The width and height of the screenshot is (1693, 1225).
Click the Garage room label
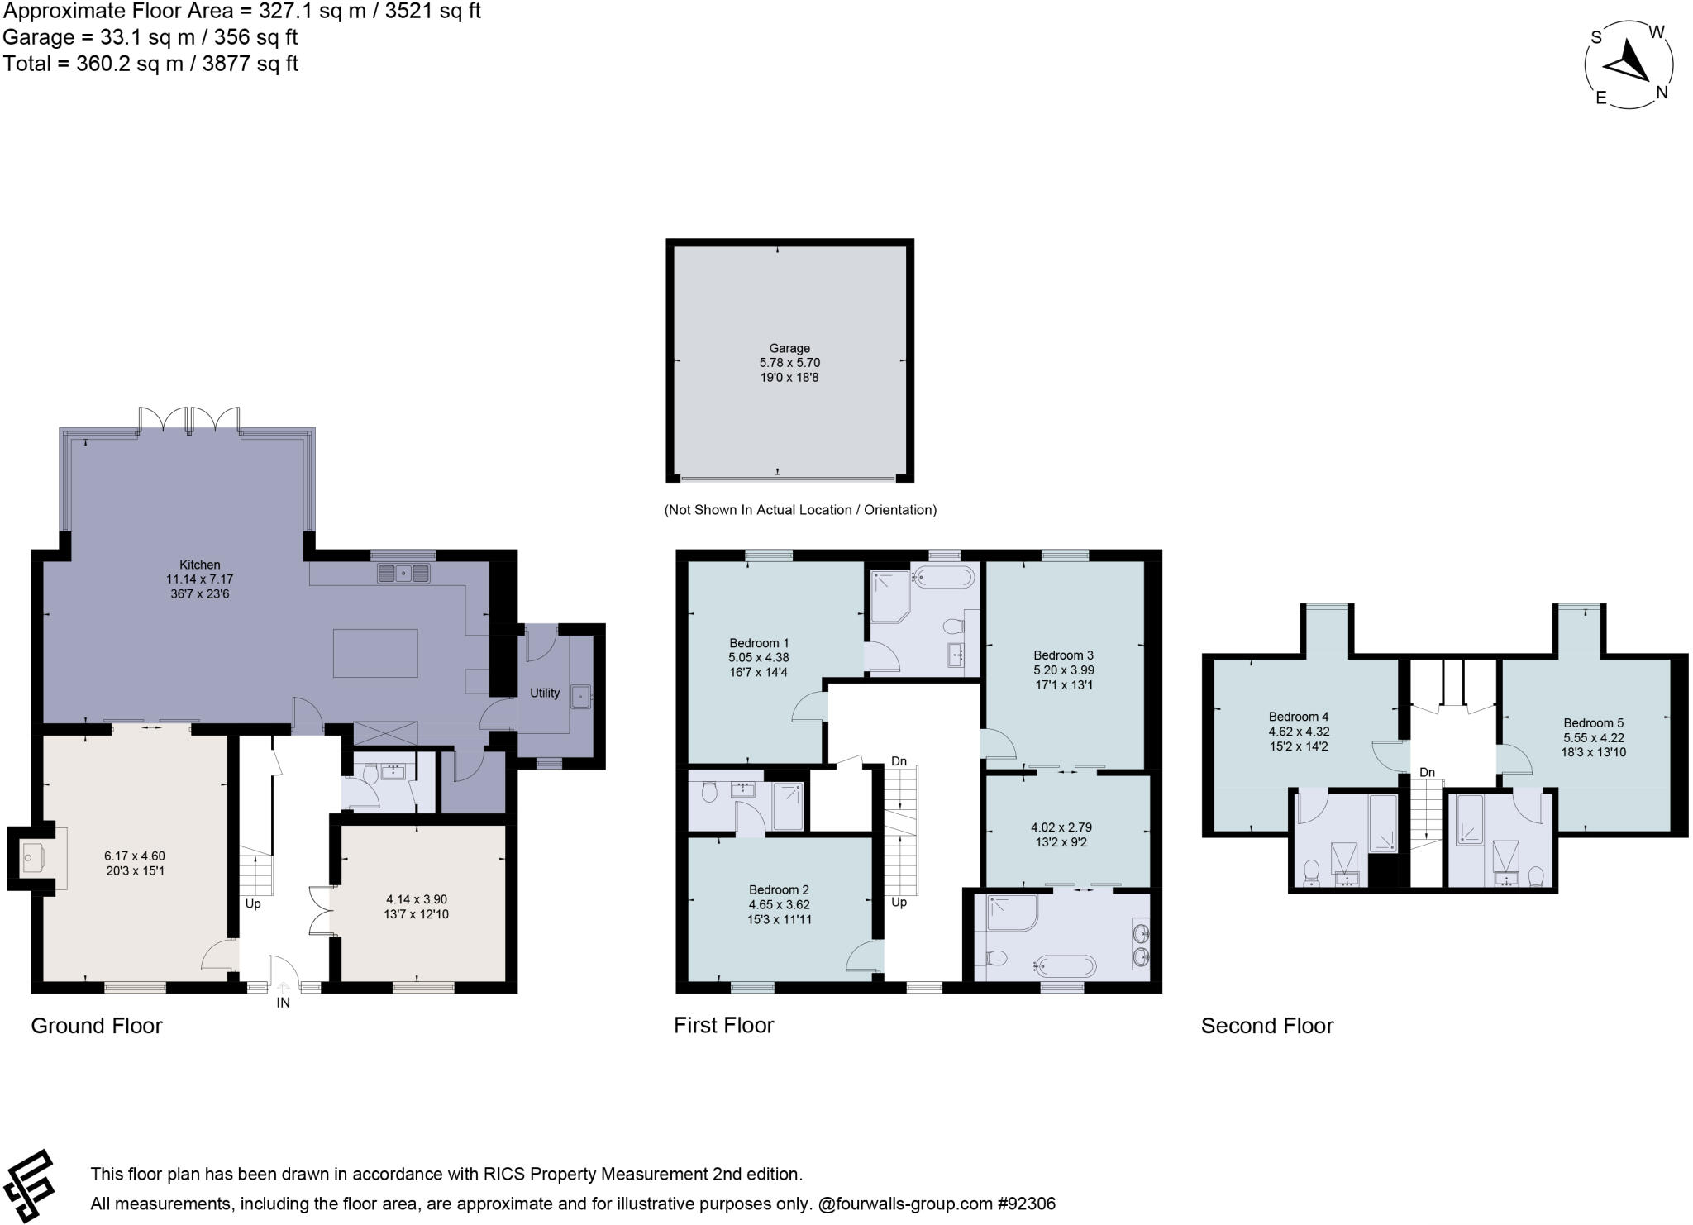(789, 349)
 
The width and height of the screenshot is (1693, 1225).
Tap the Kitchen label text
(199, 565)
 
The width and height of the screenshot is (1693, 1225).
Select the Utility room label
(545, 694)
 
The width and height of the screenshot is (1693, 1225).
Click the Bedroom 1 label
(759, 643)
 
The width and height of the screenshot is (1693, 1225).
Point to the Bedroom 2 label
(779, 890)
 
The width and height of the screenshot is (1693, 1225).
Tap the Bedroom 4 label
(1299, 717)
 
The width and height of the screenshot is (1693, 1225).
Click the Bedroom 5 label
(1593, 723)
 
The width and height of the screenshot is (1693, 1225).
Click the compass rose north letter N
(1662, 93)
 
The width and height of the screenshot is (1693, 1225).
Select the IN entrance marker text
(284, 1003)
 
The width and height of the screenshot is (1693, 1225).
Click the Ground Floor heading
(97, 1026)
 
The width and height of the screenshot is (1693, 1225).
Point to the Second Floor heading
(1267, 1026)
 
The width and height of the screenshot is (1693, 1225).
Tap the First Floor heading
(723, 1026)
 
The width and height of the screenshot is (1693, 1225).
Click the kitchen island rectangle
(375, 653)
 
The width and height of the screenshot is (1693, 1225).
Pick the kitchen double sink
(404, 573)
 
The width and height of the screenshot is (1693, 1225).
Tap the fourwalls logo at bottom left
(28, 1187)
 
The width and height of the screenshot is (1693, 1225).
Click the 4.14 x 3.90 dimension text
(417, 899)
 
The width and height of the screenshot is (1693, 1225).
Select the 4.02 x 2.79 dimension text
(1061, 827)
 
